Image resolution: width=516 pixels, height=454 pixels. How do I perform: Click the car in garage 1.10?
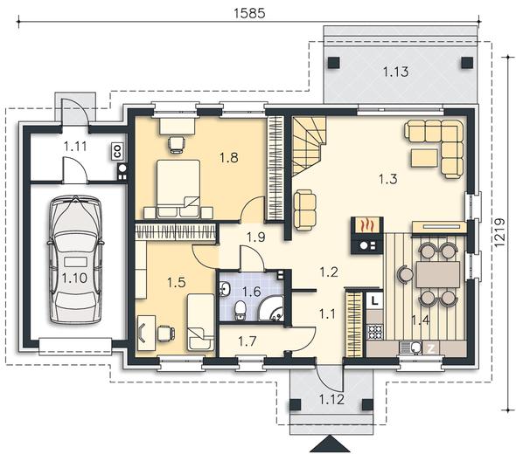(x=75, y=259)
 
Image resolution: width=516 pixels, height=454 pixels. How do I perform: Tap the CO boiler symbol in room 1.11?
(x=117, y=151)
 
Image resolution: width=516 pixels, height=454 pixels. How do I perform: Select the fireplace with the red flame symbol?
(x=367, y=235)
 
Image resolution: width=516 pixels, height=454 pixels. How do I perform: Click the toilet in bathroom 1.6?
(x=241, y=310)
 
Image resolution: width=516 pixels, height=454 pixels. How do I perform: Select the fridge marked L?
(x=374, y=300)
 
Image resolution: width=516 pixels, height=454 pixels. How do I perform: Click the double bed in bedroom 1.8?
(x=178, y=189)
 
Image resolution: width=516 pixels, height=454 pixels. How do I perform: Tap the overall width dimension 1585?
(x=249, y=13)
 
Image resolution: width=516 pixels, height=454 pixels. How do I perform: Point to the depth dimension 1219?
(x=499, y=232)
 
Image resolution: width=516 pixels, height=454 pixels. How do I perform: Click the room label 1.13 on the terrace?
(x=396, y=72)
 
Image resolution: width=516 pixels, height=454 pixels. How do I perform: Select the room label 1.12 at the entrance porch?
(x=331, y=400)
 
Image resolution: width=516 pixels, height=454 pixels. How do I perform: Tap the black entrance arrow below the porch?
(x=330, y=444)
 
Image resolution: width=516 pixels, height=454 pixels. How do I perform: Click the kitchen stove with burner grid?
(x=375, y=332)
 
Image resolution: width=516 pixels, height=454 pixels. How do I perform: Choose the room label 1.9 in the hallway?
(x=256, y=237)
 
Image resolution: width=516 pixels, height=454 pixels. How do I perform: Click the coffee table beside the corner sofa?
(x=424, y=158)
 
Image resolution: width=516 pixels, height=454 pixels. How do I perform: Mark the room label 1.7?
(x=248, y=341)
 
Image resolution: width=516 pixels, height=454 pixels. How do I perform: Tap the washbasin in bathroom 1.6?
(x=226, y=289)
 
